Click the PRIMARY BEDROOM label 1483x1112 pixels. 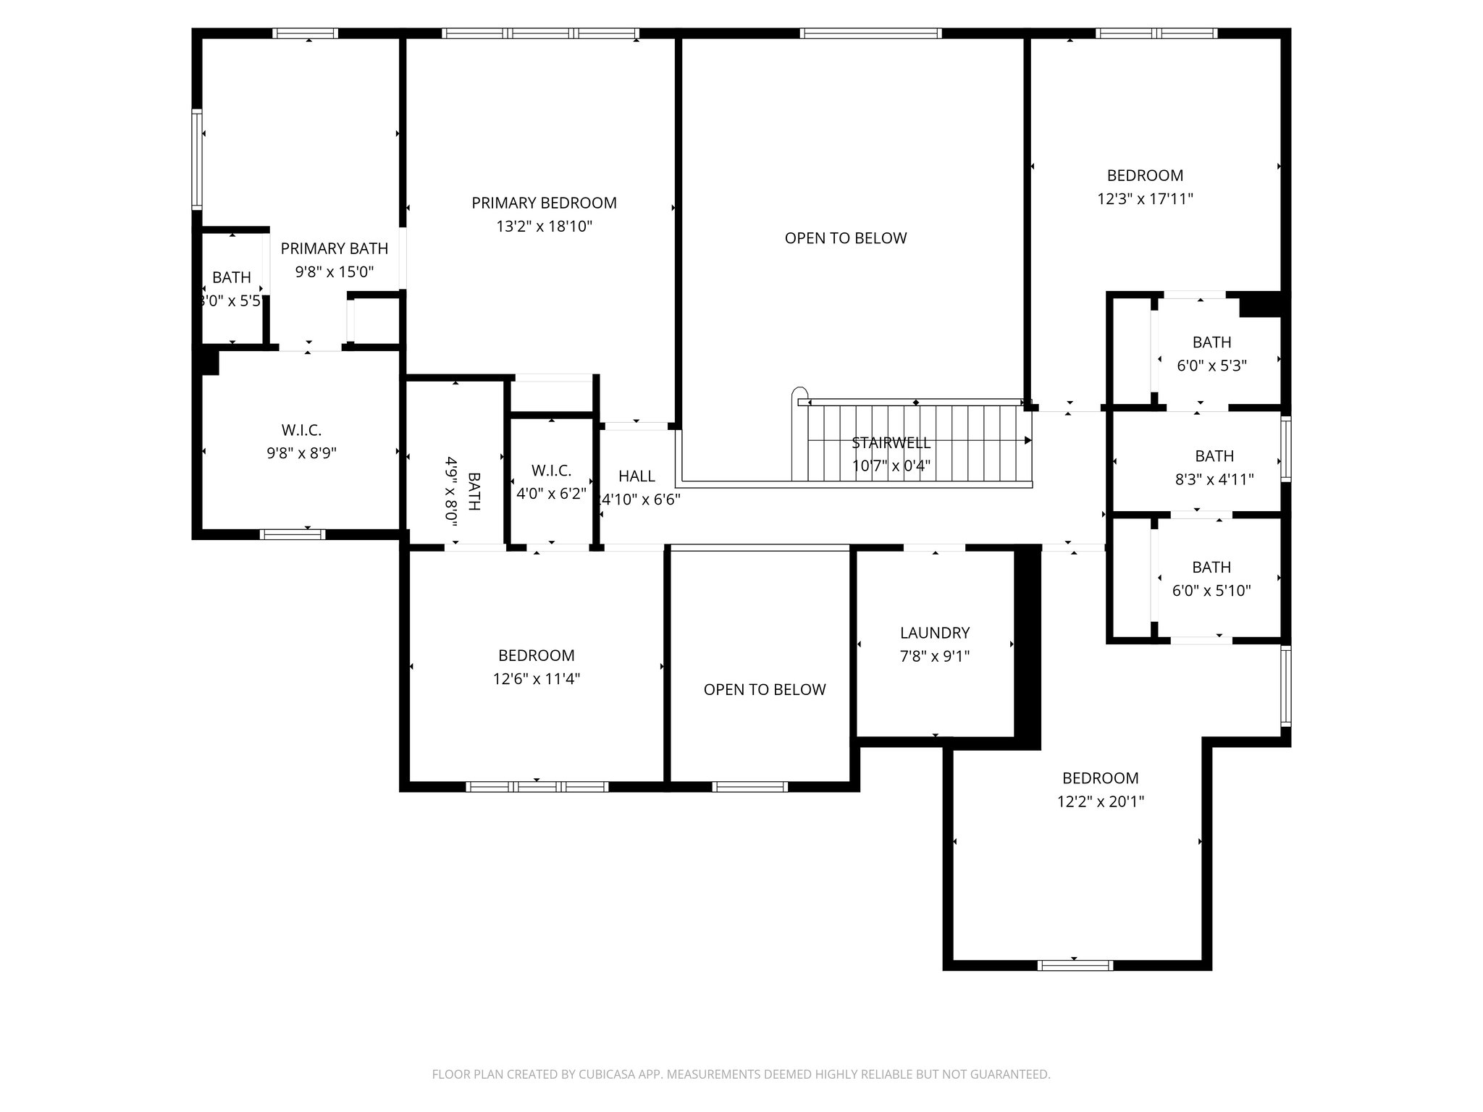544,203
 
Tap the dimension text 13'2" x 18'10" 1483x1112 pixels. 544,227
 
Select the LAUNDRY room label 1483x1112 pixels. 934,633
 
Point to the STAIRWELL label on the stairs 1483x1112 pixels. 891,443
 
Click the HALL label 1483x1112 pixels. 637,476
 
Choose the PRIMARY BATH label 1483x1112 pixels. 334,249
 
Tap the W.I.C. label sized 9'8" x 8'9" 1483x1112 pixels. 301,431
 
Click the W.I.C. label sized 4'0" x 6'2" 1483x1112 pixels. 551,471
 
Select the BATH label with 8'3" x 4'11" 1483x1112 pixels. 1214,456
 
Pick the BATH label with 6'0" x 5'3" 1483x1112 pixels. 1211,342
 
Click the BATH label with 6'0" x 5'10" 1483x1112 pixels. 1211,568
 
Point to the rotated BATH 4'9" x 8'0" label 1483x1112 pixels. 474,492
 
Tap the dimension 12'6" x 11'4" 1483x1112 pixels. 536,679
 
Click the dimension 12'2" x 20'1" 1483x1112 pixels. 1100,801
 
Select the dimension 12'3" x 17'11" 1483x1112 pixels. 1145,199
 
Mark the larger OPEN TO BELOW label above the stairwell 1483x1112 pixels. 845,238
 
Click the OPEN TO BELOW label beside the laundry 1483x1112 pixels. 764,690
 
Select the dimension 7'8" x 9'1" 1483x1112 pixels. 934,657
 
